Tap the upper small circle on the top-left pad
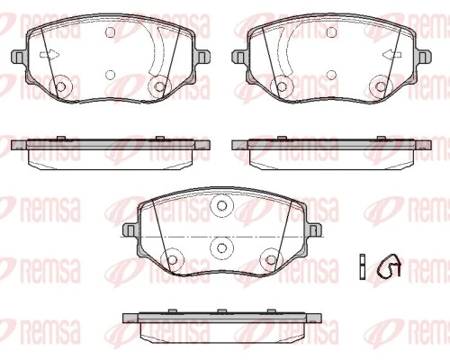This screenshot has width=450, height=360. pyautogui.click(x=110, y=33)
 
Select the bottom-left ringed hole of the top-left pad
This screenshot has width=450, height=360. pyautogui.click(x=62, y=86)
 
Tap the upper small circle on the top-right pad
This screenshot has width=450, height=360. pyautogui.click(x=336, y=33)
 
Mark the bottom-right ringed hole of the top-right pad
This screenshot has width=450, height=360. pyautogui.click(x=384, y=86)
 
